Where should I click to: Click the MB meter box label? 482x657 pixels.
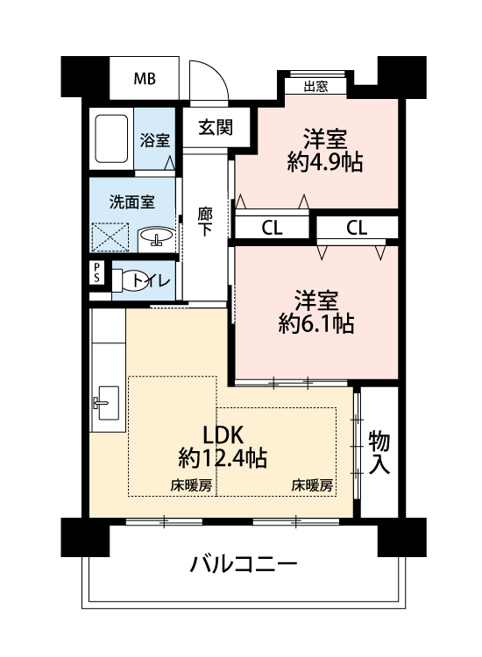click(x=145, y=79)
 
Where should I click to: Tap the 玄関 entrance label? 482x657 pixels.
click(x=216, y=127)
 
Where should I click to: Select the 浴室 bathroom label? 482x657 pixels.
click(x=154, y=140)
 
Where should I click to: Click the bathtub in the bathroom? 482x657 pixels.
click(x=111, y=138)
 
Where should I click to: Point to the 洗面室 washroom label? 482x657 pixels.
click(x=132, y=202)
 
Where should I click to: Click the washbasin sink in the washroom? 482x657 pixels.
click(x=156, y=237)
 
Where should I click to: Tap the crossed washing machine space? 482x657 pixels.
click(x=110, y=237)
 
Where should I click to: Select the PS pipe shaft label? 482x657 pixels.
click(x=96, y=272)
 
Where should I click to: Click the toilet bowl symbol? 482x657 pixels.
click(x=124, y=280)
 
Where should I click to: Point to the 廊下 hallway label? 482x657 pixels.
click(x=204, y=223)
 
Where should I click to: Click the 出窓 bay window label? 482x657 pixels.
click(x=315, y=87)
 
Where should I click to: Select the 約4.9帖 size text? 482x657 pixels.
click(x=325, y=163)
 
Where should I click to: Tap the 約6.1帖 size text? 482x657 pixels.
click(x=316, y=323)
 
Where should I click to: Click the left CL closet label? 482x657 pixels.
click(x=272, y=229)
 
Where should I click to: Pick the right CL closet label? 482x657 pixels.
click(x=357, y=229)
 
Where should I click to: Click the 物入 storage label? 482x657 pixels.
click(x=379, y=453)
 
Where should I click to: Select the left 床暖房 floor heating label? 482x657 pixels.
click(x=191, y=486)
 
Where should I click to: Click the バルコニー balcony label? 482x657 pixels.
click(x=244, y=563)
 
